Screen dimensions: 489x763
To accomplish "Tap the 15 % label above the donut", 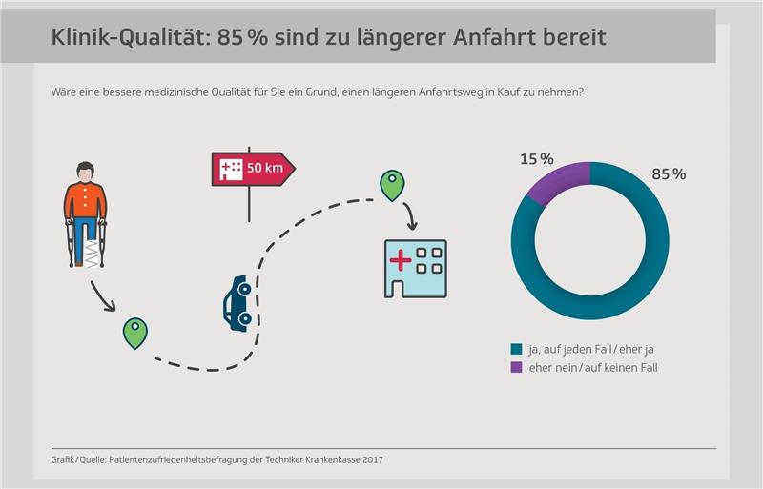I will [536, 158].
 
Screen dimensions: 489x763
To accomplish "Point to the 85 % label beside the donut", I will [668, 174].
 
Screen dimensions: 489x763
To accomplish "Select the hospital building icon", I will [415, 268].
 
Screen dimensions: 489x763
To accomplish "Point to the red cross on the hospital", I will [402, 261].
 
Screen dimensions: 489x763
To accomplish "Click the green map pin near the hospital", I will [391, 185].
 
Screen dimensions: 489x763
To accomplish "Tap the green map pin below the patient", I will [135, 332].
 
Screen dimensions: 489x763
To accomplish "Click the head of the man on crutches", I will [86, 173].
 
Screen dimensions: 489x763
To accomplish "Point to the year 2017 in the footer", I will [379, 460].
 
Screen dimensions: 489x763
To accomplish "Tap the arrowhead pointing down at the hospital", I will [413, 227].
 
